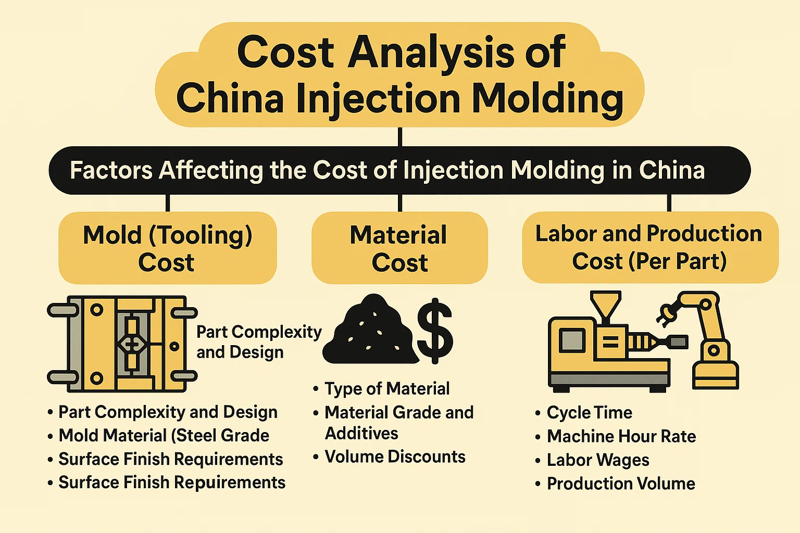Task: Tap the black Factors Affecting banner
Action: [x=399, y=170]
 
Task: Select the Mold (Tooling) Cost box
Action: [x=167, y=248]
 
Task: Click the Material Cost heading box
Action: [x=399, y=248]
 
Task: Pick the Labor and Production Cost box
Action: [x=649, y=247]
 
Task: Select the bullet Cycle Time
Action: [x=589, y=413]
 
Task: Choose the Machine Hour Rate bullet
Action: [x=621, y=436]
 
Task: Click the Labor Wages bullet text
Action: [x=597, y=460]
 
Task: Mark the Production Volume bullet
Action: [x=620, y=484]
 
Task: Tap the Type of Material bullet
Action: [x=386, y=388]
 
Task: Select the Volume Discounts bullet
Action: [x=394, y=456]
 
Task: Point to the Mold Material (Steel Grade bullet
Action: [x=164, y=435]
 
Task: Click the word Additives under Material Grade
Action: [x=361, y=433]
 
